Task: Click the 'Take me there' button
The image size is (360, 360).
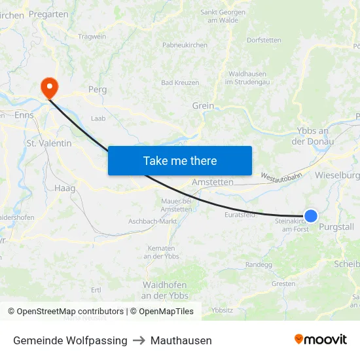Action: click(x=179, y=160)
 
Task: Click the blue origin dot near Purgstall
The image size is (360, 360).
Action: click(x=311, y=215)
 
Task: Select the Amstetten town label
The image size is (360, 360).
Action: click(x=212, y=181)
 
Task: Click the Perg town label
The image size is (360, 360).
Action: click(x=97, y=89)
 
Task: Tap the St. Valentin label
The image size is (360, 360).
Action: click(x=48, y=143)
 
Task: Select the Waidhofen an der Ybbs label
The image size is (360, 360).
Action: click(x=165, y=290)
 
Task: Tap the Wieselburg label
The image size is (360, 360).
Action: click(x=337, y=175)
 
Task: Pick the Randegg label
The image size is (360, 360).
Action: click(x=259, y=264)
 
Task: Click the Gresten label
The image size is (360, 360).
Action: click(x=283, y=283)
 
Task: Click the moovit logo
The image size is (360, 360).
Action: click(x=321, y=340)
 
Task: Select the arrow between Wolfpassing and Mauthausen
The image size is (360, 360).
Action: click(x=139, y=340)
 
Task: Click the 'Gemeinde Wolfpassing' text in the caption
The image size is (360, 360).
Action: click(x=70, y=340)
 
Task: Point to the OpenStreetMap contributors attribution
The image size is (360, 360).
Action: click(x=65, y=312)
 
